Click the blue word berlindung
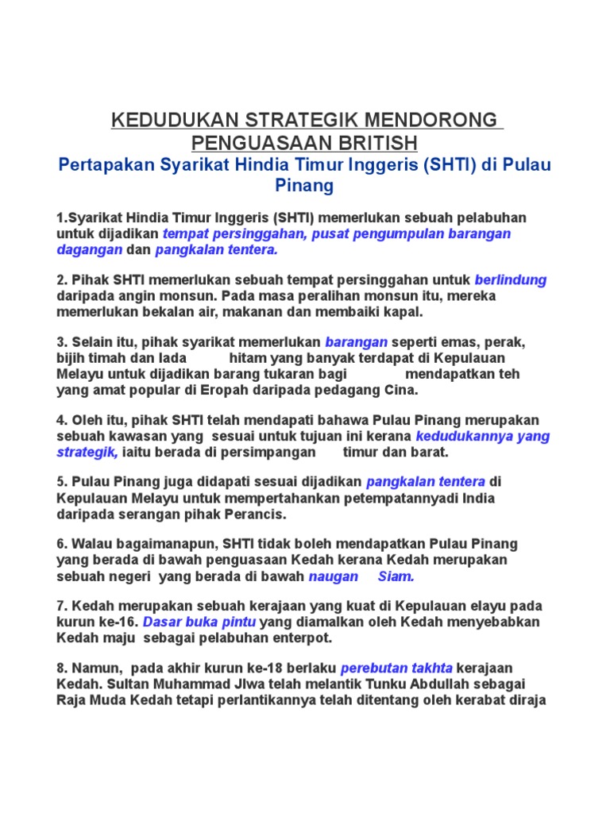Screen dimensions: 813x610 pyautogui.click(x=511, y=279)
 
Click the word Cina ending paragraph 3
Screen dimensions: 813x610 pyautogui.click(x=400, y=390)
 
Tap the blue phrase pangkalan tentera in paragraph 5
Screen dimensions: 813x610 pyautogui.click(x=426, y=482)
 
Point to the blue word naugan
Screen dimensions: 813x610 pyautogui.click(x=333, y=576)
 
